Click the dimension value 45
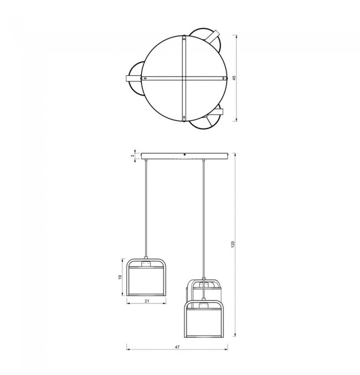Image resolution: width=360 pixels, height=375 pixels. click(x=234, y=78)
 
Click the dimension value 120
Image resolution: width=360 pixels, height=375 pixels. click(x=233, y=244)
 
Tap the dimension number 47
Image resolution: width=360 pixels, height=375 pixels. click(x=177, y=347)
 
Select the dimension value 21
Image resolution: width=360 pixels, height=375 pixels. click(x=147, y=301)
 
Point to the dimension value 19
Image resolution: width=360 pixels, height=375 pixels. click(x=120, y=277)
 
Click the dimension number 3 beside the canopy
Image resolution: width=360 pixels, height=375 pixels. click(x=132, y=156)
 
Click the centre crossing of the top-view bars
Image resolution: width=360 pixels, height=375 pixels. click(x=184, y=78)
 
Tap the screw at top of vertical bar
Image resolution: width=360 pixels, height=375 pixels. click(x=184, y=38)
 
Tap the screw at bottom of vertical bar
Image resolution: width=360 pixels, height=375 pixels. click(x=184, y=117)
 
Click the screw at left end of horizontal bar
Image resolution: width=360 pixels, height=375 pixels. click(x=145, y=78)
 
